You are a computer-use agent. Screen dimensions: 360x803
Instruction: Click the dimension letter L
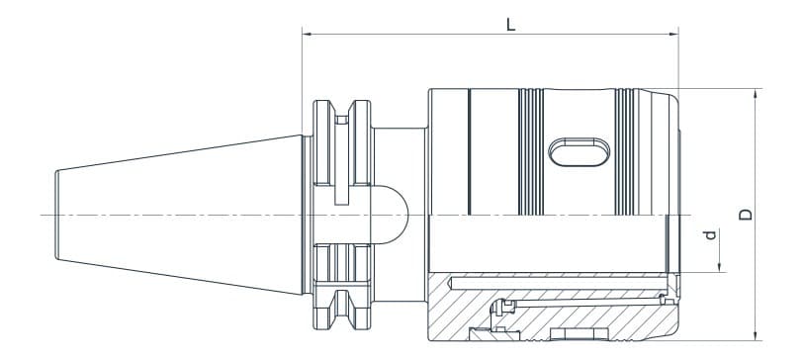[x=510, y=25]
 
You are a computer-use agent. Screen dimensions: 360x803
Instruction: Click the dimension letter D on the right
[x=746, y=213]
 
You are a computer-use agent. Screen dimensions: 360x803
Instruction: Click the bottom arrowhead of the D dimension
[x=755, y=333]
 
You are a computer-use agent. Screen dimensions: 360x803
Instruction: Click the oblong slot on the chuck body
[x=577, y=150]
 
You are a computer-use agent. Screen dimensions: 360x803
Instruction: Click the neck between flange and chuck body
[x=401, y=158]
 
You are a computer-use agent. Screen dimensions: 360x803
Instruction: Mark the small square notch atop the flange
[x=341, y=120]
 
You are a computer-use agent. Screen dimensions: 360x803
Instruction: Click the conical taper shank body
[x=178, y=215]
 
